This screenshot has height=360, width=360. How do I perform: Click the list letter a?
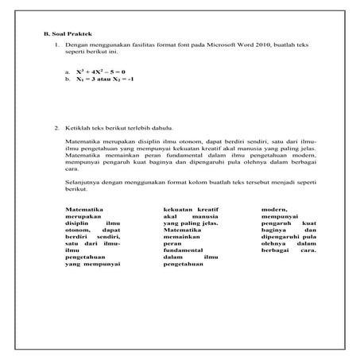pos(68,72)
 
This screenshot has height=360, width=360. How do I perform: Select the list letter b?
pos(68,80)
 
